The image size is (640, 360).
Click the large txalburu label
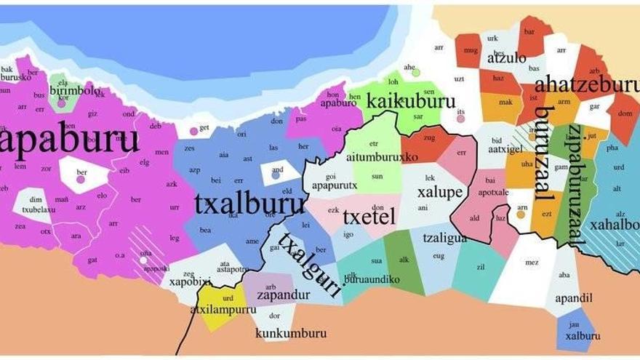pos(249,206)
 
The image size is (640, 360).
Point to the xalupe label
pos(440,193)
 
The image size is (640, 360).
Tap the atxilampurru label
pos(223,309)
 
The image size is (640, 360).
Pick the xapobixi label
pos(190,281)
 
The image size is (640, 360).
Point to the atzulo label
pos(506,58)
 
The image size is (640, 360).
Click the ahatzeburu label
pos(586,85)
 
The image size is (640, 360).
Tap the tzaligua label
pos(444,236)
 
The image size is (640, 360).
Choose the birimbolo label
pos(76,91)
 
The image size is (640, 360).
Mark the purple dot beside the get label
pos(193,131)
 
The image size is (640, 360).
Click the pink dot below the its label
pos(461,119)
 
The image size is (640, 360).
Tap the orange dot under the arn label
pos(521,215)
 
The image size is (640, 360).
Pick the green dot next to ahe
pos(415,72)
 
